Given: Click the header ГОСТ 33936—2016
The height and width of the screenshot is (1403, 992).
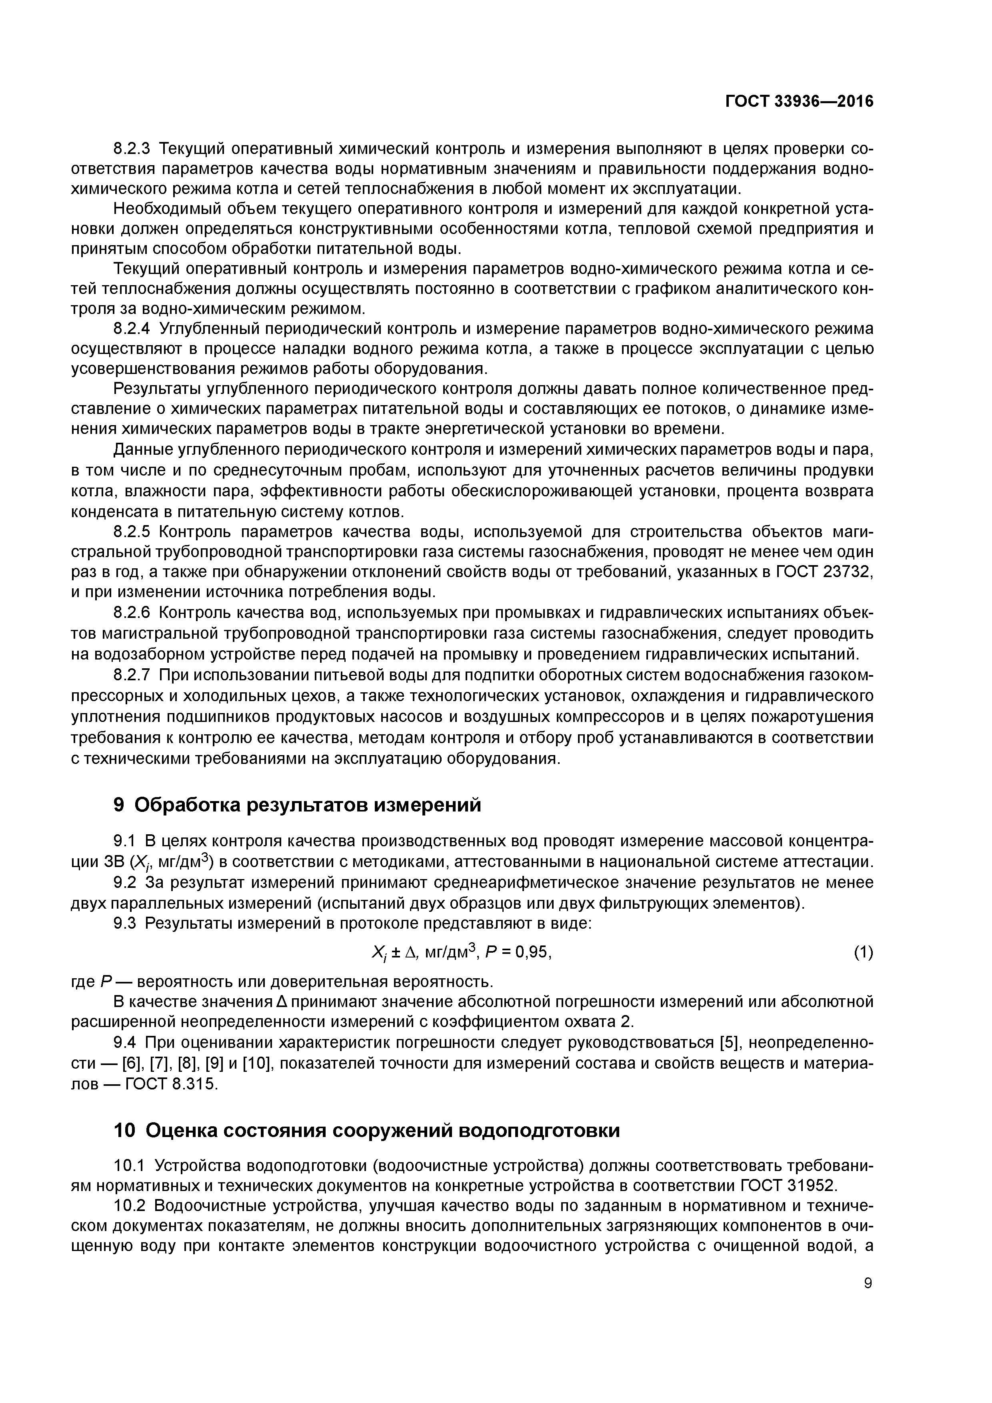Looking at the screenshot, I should (799, 102).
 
